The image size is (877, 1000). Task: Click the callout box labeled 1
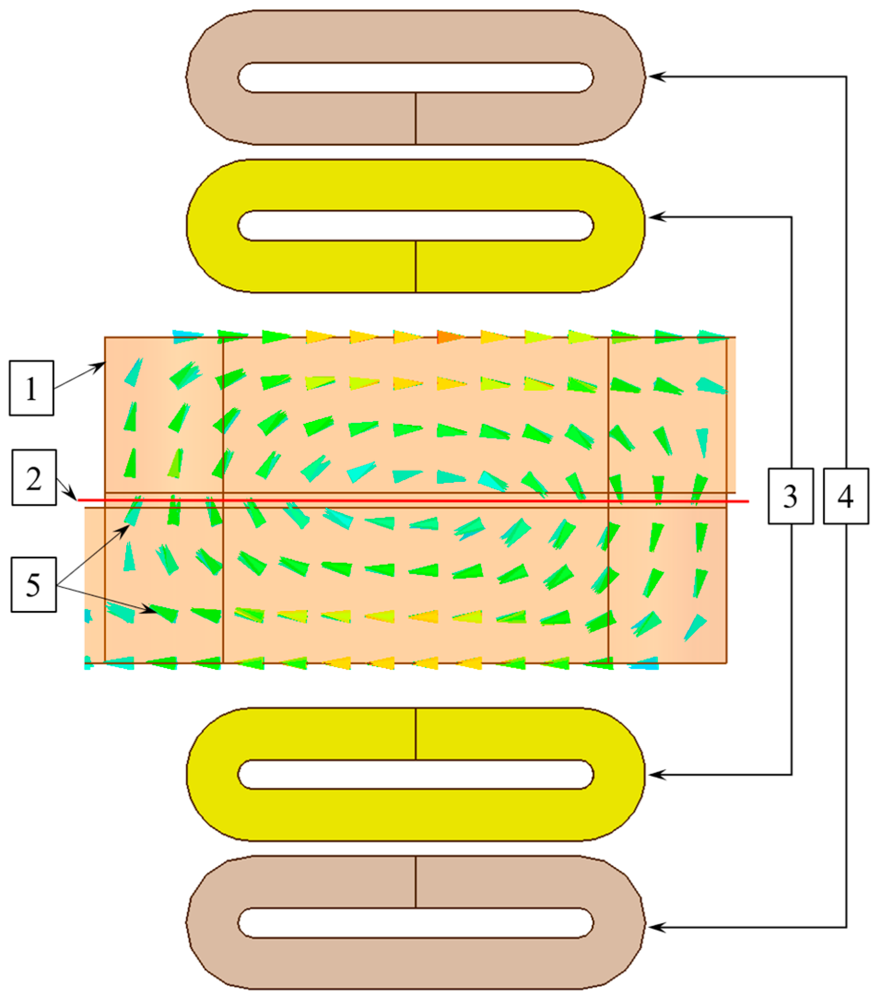click(31, 388)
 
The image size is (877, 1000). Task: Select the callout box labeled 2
click(34, 478)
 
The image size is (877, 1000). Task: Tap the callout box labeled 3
click(790, 496)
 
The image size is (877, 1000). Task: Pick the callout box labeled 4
click(846, 496)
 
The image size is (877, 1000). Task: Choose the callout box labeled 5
click(33, 584)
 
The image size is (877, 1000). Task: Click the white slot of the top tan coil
click(415, 77)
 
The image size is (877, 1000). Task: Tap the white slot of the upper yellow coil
click(415, 226)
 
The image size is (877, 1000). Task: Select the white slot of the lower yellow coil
click(415, 774)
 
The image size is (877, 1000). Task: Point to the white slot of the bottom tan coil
click(415, 923)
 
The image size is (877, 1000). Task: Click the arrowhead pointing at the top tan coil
click(655, 77)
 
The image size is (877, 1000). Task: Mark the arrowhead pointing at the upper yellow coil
click(655, 217)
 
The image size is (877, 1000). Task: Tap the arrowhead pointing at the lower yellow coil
click(655, 774)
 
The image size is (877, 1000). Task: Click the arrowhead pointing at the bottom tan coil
click(655, 927)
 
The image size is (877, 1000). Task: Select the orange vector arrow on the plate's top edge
click(450, 337)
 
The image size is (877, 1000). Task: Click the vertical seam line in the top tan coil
click(415, 118)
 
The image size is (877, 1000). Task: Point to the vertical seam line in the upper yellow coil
click(415, 267)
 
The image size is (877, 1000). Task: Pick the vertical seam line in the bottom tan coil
click(415, 882)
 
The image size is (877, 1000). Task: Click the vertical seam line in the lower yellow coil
click(415, 733)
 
